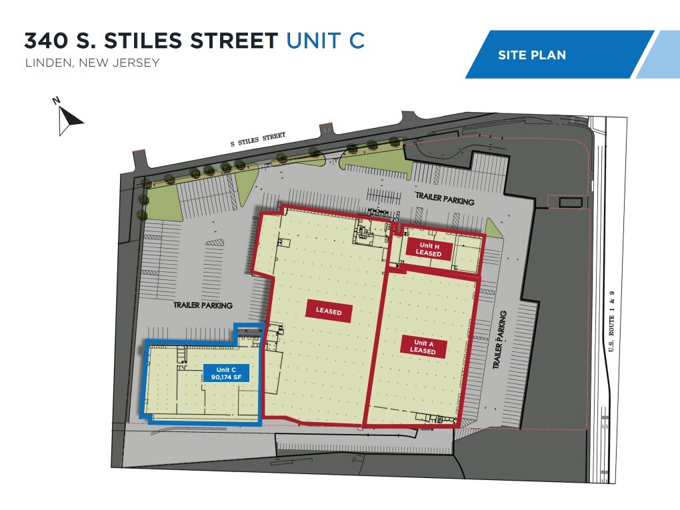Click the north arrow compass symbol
68,118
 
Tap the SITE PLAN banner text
531,55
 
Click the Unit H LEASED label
429,250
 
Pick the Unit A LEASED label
423,347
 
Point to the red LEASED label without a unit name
328,311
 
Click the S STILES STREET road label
257,140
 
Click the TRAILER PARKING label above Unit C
203,305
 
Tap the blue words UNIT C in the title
325,40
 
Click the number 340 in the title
45,40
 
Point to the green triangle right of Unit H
493,229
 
